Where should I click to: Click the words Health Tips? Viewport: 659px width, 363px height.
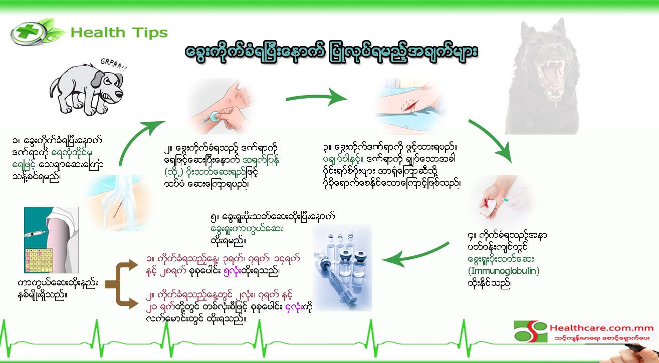119,33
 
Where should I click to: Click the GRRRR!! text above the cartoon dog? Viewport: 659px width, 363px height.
114,65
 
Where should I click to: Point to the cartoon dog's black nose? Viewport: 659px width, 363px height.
119,94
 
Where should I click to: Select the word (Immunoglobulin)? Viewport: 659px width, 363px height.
504,271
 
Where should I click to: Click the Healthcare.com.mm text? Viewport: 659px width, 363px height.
601,328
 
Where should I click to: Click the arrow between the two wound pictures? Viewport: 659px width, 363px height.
317,97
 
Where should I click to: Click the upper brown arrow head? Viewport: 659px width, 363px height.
132,265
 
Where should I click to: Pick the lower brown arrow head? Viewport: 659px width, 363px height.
132,303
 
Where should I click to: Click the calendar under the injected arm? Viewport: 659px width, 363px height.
39,260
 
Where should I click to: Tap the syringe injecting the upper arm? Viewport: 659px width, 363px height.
36,234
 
